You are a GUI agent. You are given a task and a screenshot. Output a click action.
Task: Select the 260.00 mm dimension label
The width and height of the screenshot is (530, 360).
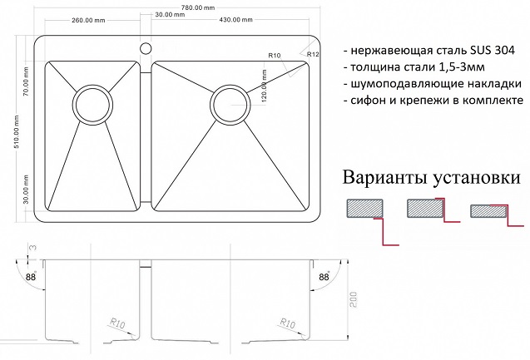[x=88, y=20]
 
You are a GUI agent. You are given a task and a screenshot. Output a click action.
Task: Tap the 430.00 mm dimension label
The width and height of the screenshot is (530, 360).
[x=235, y=20]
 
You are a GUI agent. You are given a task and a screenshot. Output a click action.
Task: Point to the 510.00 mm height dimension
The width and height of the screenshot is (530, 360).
[x=17, y=131]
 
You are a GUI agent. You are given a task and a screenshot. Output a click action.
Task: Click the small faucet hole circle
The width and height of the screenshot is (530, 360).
[x=146, y=48]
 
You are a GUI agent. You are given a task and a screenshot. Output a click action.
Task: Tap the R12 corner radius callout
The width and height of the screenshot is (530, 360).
[x=313, y=54]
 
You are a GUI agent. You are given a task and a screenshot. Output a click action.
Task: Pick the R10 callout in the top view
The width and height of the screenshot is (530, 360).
[x=275, y=56]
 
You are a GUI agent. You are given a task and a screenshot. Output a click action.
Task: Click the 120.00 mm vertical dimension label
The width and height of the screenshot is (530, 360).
[x=264, y=86]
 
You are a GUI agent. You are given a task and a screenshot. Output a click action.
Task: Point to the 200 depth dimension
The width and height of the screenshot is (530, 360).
[x=354, y=299]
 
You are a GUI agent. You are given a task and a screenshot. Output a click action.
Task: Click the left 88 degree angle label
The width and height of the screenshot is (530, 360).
[x=31, y=277]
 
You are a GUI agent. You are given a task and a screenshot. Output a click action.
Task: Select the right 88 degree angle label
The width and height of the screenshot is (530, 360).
[x=324, y=277]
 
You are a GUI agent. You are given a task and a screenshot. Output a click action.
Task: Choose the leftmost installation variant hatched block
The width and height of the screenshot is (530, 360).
[x=364, y=209]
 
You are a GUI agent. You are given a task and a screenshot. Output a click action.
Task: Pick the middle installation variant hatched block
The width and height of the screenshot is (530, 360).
[x=425, y=208]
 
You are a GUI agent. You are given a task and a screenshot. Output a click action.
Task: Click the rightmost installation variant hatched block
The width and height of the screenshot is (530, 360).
[x=488, y=211]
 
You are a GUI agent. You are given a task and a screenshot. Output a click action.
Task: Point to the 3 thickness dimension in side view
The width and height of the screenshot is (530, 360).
[x=33, y=249]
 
